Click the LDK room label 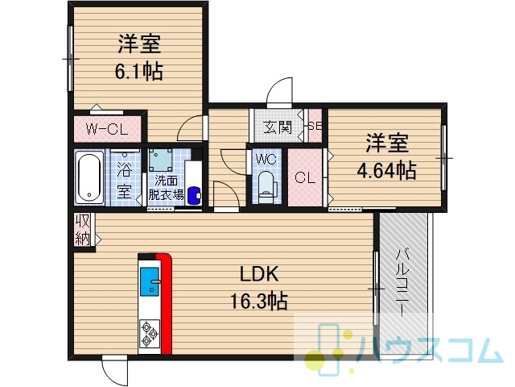pyautogui.click(x=259, y=274)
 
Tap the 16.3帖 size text pyautogui.click(x=259, y=301)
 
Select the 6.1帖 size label pyautogui.click(x=139, y=71)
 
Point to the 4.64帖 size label pyautogui.click(x=386, y=170)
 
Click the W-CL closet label pyautogui.click(x=107, y=129)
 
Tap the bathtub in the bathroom pyautogui.click(x=89, y=177)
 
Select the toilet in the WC pyautogui.click(x=266, y=186)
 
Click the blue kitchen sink pyautogui.click(x=150, y=281)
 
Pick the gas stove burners pyautogui.click(x=150, y=334)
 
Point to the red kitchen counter pyautogui.click(x=166, y=303)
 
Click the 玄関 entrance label pyautogui.click(x=278, y=127)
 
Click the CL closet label pyautogui.click(x=305, y=177)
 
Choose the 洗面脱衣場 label pyautogui.click(x=167, y=188)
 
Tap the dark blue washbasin pyautogui.click(x=194, y=196)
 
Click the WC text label pyautogui.click(x=266, y=160)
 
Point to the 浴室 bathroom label pyautogui.click(x=125, y=181)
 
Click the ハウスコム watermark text pyautogui.click(x=431, y=351)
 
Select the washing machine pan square pyautogui.click(x=161, y=160)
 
